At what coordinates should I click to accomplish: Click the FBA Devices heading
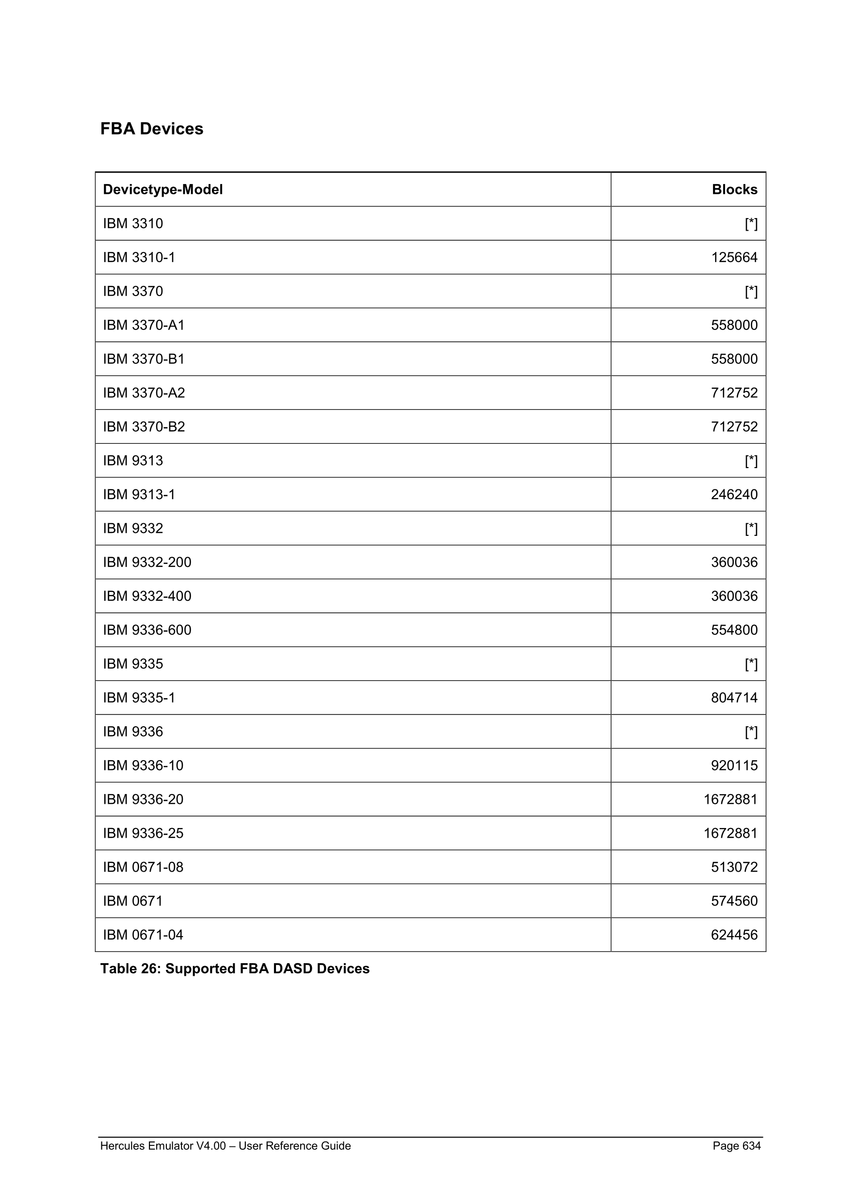pos(151,129)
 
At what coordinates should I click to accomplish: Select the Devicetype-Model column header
pos(162,189)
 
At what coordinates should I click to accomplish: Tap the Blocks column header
pos(734,189)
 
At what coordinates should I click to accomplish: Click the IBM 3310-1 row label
pos(139,257)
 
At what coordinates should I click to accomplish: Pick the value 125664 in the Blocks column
pos(734,257)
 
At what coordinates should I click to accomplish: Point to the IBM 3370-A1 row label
pos(144,325)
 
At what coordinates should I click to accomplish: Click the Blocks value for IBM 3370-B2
pos(734,426)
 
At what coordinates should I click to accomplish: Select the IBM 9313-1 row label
pos(139,494)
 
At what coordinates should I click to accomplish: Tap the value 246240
pos(734,494)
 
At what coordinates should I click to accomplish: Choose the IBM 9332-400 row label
pos(147,596)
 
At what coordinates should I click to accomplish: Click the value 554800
pos(734,630)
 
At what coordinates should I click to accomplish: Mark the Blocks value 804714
pos(734,698)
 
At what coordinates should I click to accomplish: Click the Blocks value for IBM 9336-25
pos(730,833)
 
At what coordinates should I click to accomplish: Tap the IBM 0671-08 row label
pos(143,867)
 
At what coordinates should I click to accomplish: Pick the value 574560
pos(734,901)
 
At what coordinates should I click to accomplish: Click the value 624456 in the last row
pos(734,935)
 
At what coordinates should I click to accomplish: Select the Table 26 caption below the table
pos(235,969)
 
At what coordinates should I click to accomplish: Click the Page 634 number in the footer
pos(736,1145)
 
